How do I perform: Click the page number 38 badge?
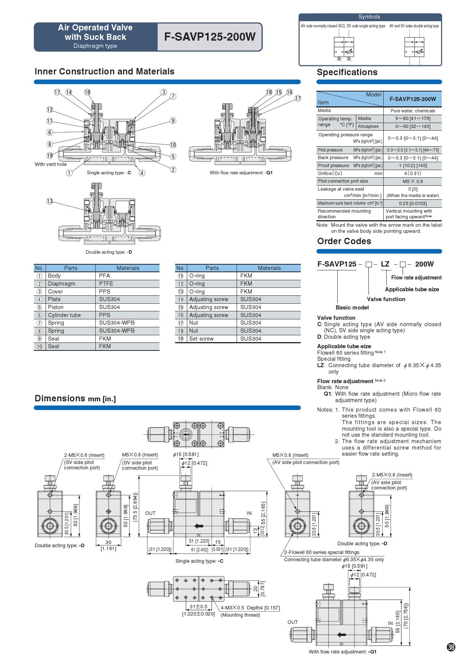(450, 647)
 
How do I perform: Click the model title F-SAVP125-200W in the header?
(210, 37)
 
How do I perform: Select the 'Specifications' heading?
(347, 73)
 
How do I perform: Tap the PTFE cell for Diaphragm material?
(106, 284)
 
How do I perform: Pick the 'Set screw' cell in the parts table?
(201, 339)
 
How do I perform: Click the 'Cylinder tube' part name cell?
(64, 315)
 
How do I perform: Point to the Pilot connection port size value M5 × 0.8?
(413, 181)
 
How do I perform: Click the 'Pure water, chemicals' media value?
(413, 111)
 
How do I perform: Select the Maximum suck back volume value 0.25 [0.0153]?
(413, 204)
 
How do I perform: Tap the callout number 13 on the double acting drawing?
(50, 201)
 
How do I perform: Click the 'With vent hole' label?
(51, 164)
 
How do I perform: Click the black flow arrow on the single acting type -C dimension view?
(198, 526)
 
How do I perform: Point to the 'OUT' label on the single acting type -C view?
(150, 513)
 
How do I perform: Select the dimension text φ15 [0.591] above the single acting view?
(186, 455)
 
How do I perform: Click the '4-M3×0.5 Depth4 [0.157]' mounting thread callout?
(250, 608)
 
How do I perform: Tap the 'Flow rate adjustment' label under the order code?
(416, 278)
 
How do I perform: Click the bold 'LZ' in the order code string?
(385, 264)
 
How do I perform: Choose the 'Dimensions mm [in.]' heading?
(75, 398)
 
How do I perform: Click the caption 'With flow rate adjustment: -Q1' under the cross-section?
(241, 173)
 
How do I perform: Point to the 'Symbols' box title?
(369, 17)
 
